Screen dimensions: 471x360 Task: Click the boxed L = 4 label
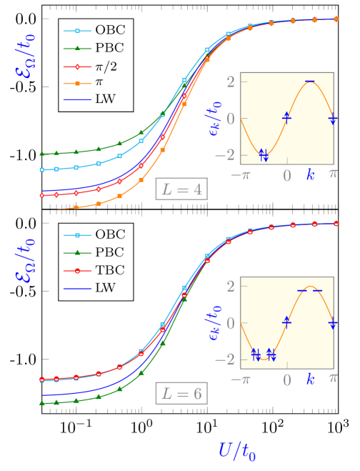(181, 189)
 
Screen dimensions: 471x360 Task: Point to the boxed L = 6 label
(181, 393)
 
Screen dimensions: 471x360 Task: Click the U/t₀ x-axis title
(237, 450)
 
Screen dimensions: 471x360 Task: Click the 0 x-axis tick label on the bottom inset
(286, 380)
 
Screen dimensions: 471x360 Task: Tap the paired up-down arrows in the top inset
(263, 154)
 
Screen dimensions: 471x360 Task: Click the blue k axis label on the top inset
(310, 174)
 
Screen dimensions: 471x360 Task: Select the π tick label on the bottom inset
(333, 379)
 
